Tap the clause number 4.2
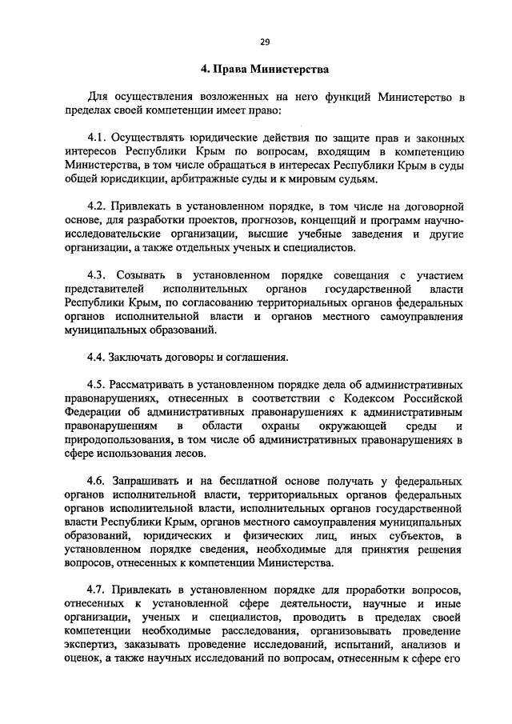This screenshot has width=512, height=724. click(97, 206)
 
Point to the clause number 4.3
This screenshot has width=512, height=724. click(97, 275)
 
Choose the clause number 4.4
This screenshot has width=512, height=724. click(97, 358)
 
